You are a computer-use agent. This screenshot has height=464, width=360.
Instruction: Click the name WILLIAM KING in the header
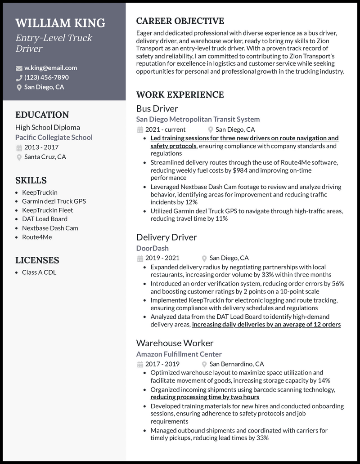pyautogui.click(x=60, y=23)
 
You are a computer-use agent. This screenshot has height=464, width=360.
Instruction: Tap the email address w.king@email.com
pyautogui.click(x=50, y=68)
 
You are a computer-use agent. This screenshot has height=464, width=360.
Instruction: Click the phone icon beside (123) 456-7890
pyautogui.click(x=19, y=78)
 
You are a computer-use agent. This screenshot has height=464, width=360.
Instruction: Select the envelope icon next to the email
pyautogui.click(x=19, y=68)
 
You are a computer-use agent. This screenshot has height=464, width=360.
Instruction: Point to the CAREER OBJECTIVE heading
pyautogui.click(x=180, y=21)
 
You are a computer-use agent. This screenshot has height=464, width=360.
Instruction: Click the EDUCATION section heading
pyautogui.click(x=42, y=115)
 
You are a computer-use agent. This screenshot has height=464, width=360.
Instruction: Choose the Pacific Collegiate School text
pyautogui.click(x=54, y=137)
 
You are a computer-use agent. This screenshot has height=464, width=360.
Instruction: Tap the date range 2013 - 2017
pyautogui.click(x=41, y=147)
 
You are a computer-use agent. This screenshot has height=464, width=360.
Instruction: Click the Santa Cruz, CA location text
pyautogui.click(x=45, y=157)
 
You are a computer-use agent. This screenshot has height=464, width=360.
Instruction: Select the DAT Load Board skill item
pyautogui.click(x=45, y=219)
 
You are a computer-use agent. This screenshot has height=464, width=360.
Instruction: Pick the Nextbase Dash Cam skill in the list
pyautogui.click(x=50, y=228)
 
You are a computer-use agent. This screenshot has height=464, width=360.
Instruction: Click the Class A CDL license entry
pyautogui.click(x=39, y=272)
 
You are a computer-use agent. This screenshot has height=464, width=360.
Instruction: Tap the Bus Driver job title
pyautogui.click(x=157, y=108)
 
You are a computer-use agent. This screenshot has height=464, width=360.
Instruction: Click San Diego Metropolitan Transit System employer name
pyautogui.click(x=198, y=119)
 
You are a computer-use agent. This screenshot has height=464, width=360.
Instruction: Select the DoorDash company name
pyautogui.click(x=152, y=248)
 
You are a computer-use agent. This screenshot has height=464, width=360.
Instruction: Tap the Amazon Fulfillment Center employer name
pyautogui.click(x=179, y=354)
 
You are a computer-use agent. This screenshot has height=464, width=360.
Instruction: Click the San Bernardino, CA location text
pyautogui.click(x=237, y=364)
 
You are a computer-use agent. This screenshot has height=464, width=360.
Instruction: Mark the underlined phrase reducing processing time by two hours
pyautogui.click(x=205, y=397)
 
